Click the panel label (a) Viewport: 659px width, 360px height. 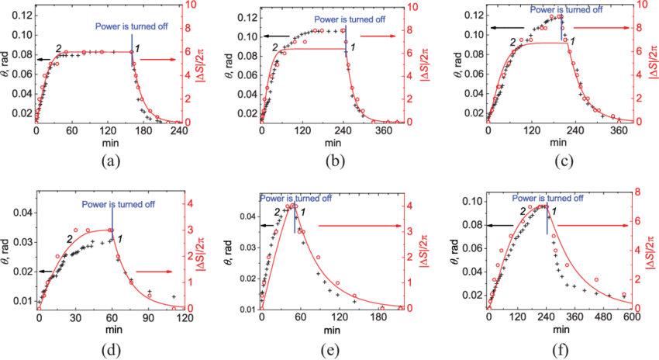point(110,163)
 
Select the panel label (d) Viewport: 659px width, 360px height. point(110,349)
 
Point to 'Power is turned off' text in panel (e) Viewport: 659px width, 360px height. point(296,199)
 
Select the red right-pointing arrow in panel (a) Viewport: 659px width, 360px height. point(159,59)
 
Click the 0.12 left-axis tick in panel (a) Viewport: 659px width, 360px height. point(22,16)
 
